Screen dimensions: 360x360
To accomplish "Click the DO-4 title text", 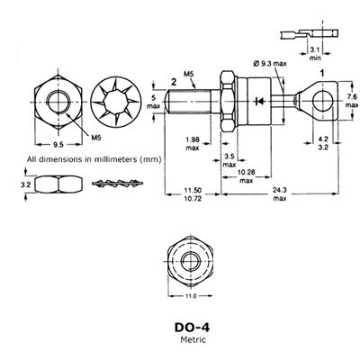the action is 192,328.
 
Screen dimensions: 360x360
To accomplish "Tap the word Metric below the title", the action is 193,339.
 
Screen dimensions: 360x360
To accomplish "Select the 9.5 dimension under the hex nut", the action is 58,145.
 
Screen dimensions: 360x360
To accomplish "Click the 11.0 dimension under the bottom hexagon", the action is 191,296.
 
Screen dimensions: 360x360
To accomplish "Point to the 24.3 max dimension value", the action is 279,190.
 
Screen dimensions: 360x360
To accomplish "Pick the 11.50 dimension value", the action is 193,190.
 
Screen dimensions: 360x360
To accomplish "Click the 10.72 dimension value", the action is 193,198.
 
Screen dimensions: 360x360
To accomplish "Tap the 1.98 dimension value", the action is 193,139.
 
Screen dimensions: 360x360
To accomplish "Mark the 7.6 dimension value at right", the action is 352,96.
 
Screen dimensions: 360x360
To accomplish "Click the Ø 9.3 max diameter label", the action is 270,64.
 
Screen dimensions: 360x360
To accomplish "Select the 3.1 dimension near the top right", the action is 315,49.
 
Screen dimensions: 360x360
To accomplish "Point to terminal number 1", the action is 322,73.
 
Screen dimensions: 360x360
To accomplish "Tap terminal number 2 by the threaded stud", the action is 174,82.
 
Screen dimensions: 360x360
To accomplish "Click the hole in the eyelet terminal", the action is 322,100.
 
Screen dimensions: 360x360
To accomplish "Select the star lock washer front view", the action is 116,103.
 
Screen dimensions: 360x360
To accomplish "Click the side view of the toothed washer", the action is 117,184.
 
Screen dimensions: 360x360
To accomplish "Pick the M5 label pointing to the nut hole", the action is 96,138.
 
